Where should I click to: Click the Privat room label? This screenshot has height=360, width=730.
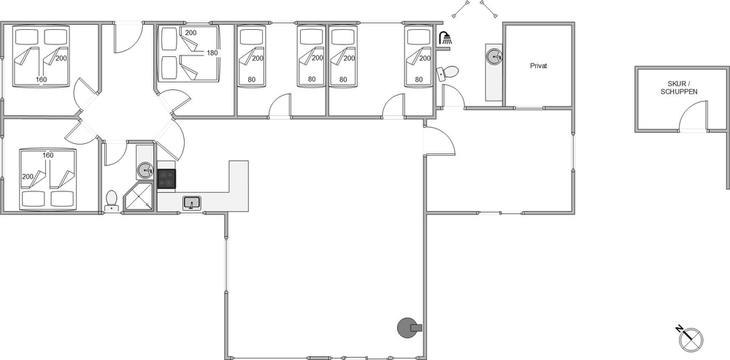(538, 66)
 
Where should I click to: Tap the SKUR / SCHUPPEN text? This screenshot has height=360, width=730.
(679, 88)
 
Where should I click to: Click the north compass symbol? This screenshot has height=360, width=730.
(690, 338)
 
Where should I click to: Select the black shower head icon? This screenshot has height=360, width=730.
(445, 38)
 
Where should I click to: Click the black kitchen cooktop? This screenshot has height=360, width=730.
(166, 178)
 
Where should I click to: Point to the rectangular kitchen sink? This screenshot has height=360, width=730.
(192, 203)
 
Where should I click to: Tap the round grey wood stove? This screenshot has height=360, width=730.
(408, 328)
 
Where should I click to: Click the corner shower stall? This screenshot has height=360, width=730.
(139, 197)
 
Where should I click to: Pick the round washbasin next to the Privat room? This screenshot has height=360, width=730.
(494, 57)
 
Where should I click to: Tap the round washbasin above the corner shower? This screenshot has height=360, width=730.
(145, 171)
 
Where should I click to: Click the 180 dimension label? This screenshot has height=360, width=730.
(212, 53)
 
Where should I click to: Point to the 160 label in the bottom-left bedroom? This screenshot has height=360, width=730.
(48, 155)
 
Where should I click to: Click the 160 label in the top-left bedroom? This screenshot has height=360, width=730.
(42, 80)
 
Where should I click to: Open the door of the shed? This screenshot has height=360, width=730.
(693, 115)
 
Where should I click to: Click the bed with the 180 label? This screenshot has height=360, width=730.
(188, 53)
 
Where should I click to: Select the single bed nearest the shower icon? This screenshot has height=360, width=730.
(419, 56)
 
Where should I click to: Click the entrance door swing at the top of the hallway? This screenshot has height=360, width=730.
(128, 37)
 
